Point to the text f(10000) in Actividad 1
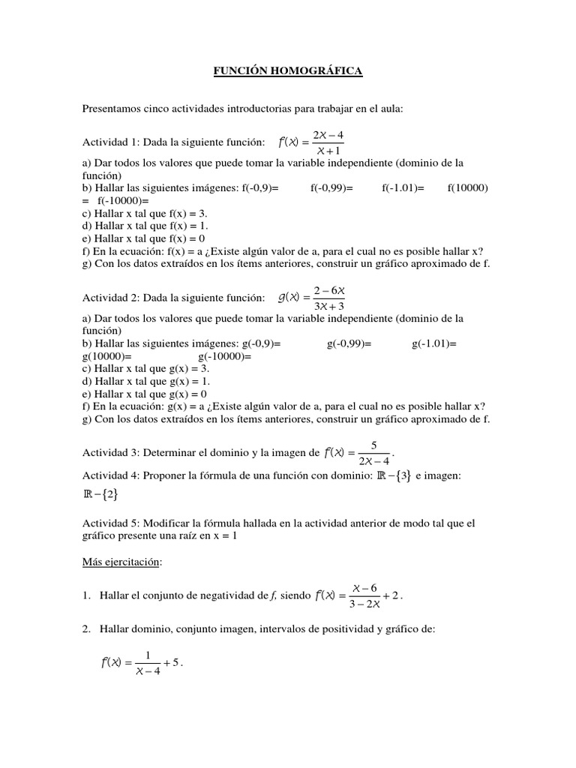click(467, 188)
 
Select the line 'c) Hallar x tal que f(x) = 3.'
click(146, 213)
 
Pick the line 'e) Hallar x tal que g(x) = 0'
click(145, 394)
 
